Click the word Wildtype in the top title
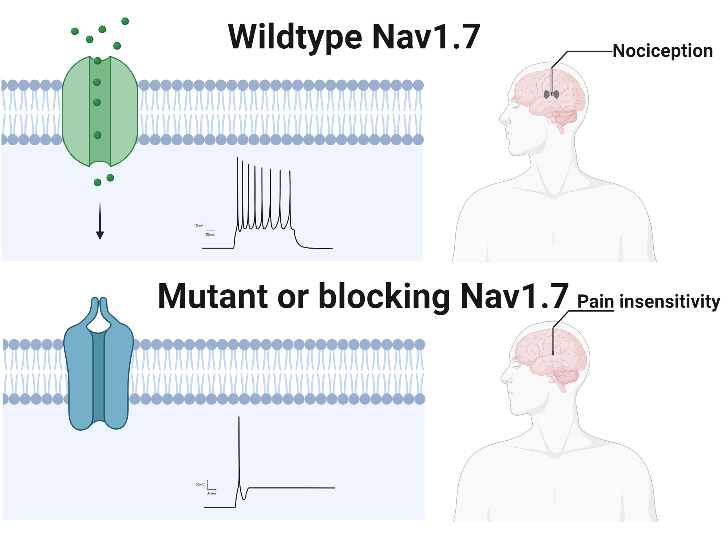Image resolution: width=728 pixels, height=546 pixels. (x=295, y=37)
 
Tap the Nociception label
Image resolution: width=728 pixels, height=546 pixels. (x=662, y=51)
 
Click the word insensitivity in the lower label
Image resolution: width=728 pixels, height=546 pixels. (x=670, y=302)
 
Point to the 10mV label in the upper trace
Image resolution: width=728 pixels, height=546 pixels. (x=198, y=226)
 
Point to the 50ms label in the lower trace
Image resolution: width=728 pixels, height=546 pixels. (x=211, y=494)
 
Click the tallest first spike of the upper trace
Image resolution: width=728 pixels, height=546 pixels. (x=238, y=182)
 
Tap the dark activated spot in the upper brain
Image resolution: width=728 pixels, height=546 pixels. (x=551, y=94)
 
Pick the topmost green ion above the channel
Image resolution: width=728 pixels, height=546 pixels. (x=125, y=21)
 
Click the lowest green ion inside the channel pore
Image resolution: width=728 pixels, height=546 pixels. (x=97, y=135)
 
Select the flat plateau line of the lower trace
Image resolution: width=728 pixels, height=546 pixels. (x=291, y=488)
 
